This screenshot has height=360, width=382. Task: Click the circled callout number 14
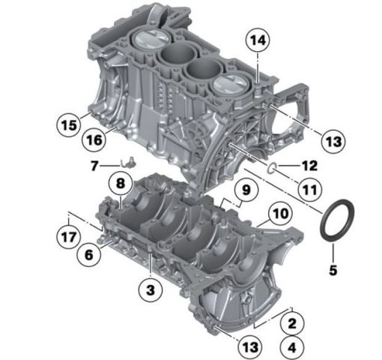click(258, 40)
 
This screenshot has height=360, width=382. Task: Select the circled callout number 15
click(69, 125)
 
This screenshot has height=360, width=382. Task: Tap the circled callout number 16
click(94, 139)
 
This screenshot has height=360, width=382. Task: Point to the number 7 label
click(94, 166)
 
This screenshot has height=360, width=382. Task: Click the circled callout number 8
click(121, 184)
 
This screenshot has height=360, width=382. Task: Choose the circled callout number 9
click(246, 190)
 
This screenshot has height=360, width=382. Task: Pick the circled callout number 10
click(280, 214)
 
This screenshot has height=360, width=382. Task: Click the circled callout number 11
click(310, 190)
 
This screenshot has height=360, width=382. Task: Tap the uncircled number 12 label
click(310, 166)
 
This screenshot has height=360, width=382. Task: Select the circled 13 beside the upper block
click(333, 142)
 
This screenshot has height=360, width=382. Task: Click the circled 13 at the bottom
click(250, 347)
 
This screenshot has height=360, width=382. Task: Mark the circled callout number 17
click(69, 237)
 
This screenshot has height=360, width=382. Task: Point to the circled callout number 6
click(89, 255)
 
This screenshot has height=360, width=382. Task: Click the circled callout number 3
click(151, 290)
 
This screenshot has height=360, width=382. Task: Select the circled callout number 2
click(292, 323)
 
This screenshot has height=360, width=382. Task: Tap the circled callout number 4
click(292, 347)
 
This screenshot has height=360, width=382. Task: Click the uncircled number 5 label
click(333, 270)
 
